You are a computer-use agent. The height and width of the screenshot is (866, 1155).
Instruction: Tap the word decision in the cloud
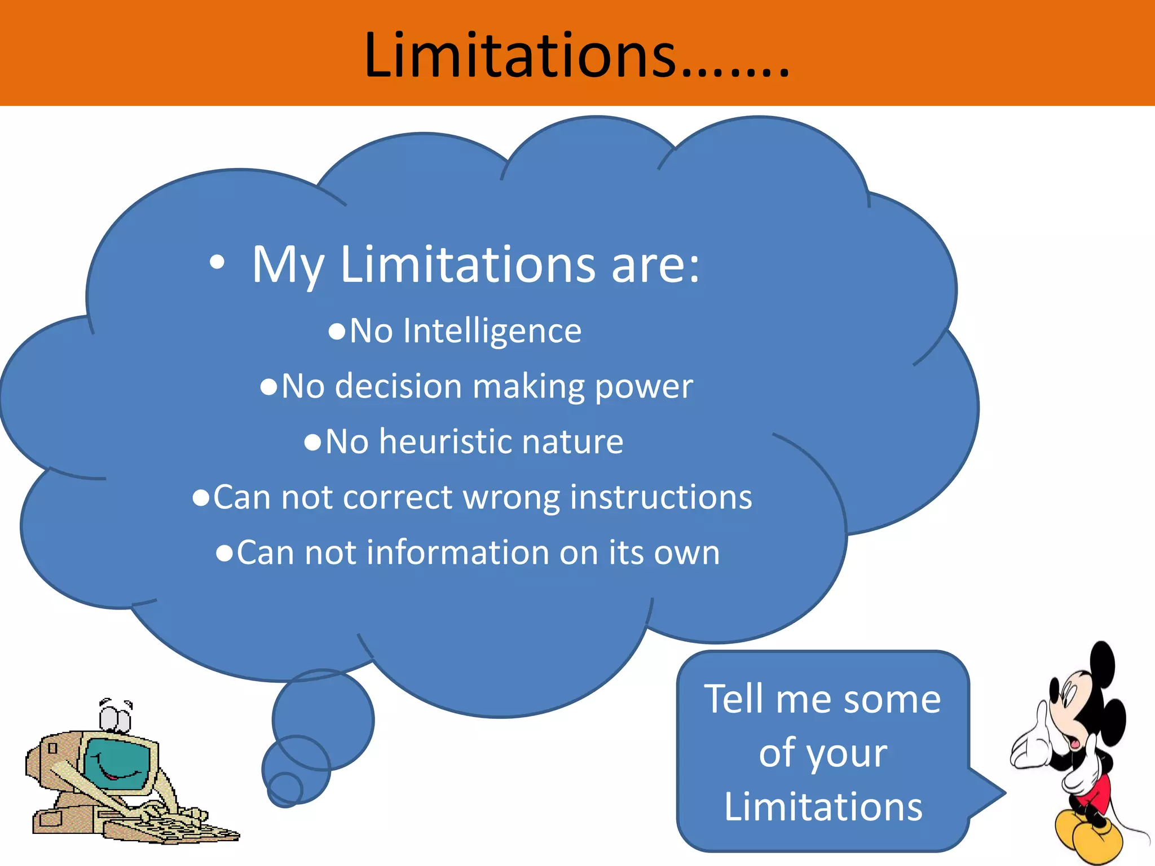point(398,386)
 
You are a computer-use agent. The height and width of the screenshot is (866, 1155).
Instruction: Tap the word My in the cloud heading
point(288,265)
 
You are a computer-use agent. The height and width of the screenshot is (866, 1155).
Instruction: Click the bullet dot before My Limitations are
point(217,262)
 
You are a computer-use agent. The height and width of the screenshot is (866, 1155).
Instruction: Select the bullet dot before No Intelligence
point(337,332)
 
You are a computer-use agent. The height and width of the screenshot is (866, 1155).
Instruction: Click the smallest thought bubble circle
point(285,788)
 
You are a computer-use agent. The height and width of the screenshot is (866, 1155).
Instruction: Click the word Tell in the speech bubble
point(735,699)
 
